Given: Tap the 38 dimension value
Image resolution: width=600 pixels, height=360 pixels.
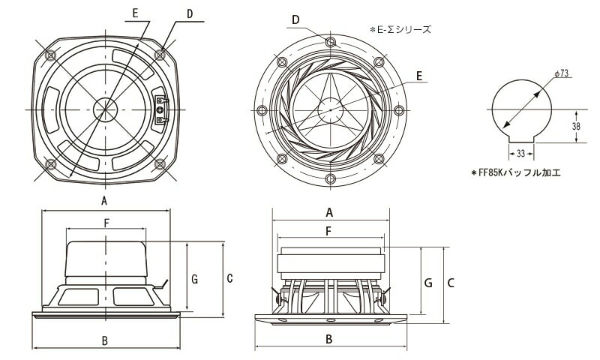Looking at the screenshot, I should [x=576, y=127].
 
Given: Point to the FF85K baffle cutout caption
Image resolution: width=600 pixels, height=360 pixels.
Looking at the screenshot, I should [x=516, y=172].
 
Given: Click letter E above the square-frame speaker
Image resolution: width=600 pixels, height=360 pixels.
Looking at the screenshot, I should [x=134, y=13].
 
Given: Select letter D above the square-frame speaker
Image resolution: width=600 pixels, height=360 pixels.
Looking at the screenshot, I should [x=190, y=13].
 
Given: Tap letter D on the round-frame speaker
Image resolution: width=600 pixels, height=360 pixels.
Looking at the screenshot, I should [x=296, y=18].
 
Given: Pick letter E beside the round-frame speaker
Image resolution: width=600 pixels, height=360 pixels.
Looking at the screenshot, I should [x=419, y=76].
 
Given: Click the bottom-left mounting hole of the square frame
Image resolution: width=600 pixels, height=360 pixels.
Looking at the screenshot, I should [x=50, y=163].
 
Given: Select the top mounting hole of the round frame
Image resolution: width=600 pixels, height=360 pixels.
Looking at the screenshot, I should [x=330, y=43].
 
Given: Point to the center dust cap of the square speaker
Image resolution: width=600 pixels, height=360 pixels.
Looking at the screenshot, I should [x=106, y=109].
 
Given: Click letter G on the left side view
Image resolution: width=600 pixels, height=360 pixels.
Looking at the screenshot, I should [x=193, y=279].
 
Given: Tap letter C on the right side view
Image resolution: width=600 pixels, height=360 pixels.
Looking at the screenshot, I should [x=451, y=283].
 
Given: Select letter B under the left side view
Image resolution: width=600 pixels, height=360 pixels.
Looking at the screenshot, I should [x=105, y=341].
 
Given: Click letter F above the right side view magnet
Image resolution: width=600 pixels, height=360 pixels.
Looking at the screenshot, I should [x=329, y=232].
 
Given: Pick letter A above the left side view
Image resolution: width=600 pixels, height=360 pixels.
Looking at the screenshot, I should [x=105, y=201].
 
